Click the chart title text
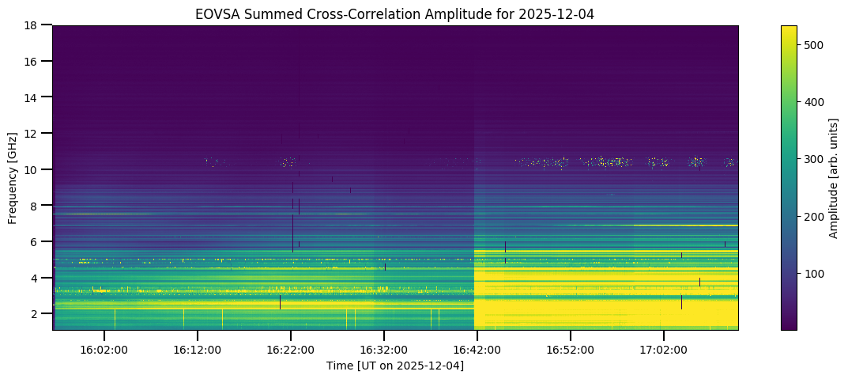pos(395,13)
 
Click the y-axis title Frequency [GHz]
pos(13,177)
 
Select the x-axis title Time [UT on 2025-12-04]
pos(395,366)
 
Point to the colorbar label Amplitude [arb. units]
pos(833,177)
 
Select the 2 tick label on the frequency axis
pos(36,314)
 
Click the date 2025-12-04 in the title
pos(565,13)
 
